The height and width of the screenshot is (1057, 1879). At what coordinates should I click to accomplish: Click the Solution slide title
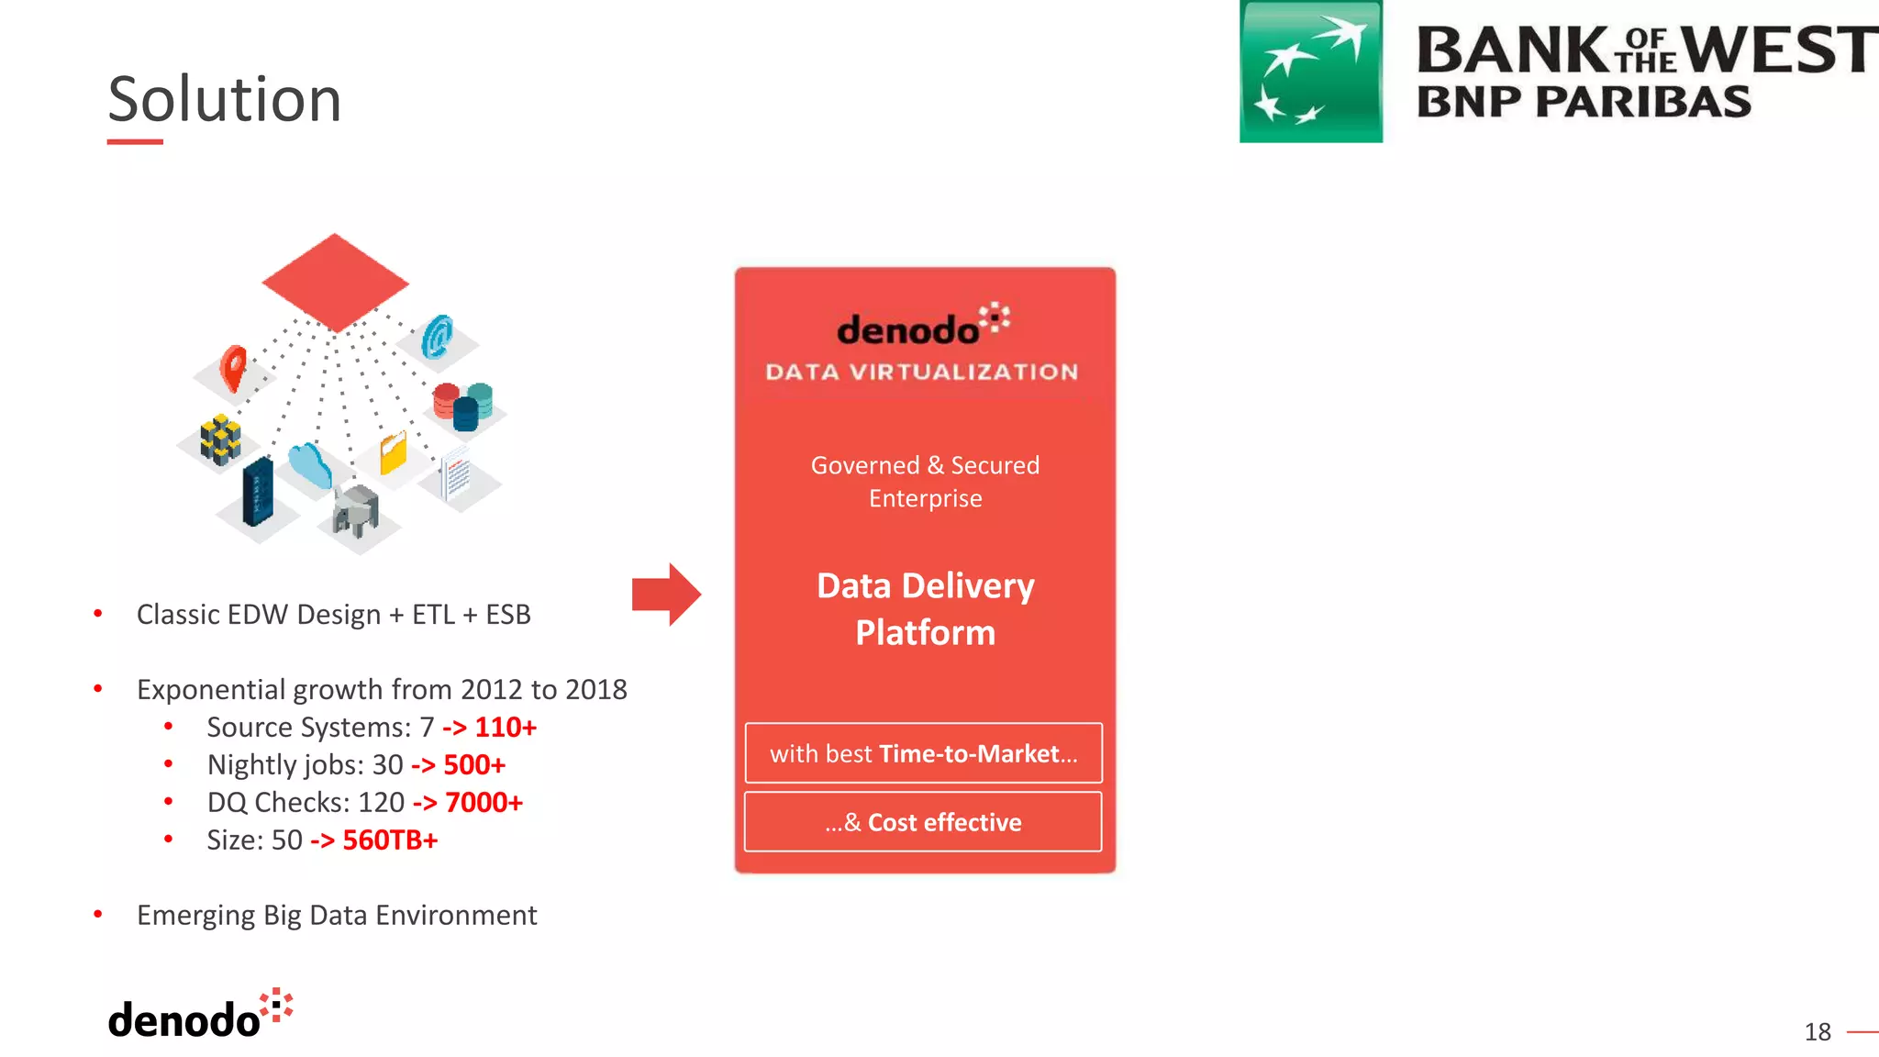[x=225, y=99]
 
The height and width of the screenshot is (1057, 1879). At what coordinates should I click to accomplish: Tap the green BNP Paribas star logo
[x=1310, y=72]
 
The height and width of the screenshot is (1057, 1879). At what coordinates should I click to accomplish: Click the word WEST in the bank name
[x=1780, y=50]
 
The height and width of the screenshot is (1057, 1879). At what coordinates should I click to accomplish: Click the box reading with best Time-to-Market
[x=923, y=753]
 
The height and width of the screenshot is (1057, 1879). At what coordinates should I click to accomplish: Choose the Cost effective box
[x=923, y=822]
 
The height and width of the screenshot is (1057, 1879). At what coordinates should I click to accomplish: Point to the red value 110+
[x=506, y=728]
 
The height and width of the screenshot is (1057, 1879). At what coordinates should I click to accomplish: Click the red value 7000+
[x=484, y=803]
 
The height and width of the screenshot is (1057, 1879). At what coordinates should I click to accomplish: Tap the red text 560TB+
[x=390, y=840]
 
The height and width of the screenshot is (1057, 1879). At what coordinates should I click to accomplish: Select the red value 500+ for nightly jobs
[x=474, y=765]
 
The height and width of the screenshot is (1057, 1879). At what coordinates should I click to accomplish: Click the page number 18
[x=1817, y=1032]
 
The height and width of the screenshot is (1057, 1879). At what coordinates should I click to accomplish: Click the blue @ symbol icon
[x=438, y=337]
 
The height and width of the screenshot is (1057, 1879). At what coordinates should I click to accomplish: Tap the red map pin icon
[x=234, y=367]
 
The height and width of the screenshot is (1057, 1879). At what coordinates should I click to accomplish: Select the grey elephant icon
[x=356, y=509]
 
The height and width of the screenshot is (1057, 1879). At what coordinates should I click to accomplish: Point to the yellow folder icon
[x=394, y=452]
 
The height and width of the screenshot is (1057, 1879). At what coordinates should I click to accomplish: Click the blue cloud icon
[x=310, y=463]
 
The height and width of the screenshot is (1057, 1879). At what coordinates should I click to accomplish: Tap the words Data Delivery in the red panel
[x=925, y=586]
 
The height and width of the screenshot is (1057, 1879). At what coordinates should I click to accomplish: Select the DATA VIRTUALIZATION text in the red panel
[x=922, y=373]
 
